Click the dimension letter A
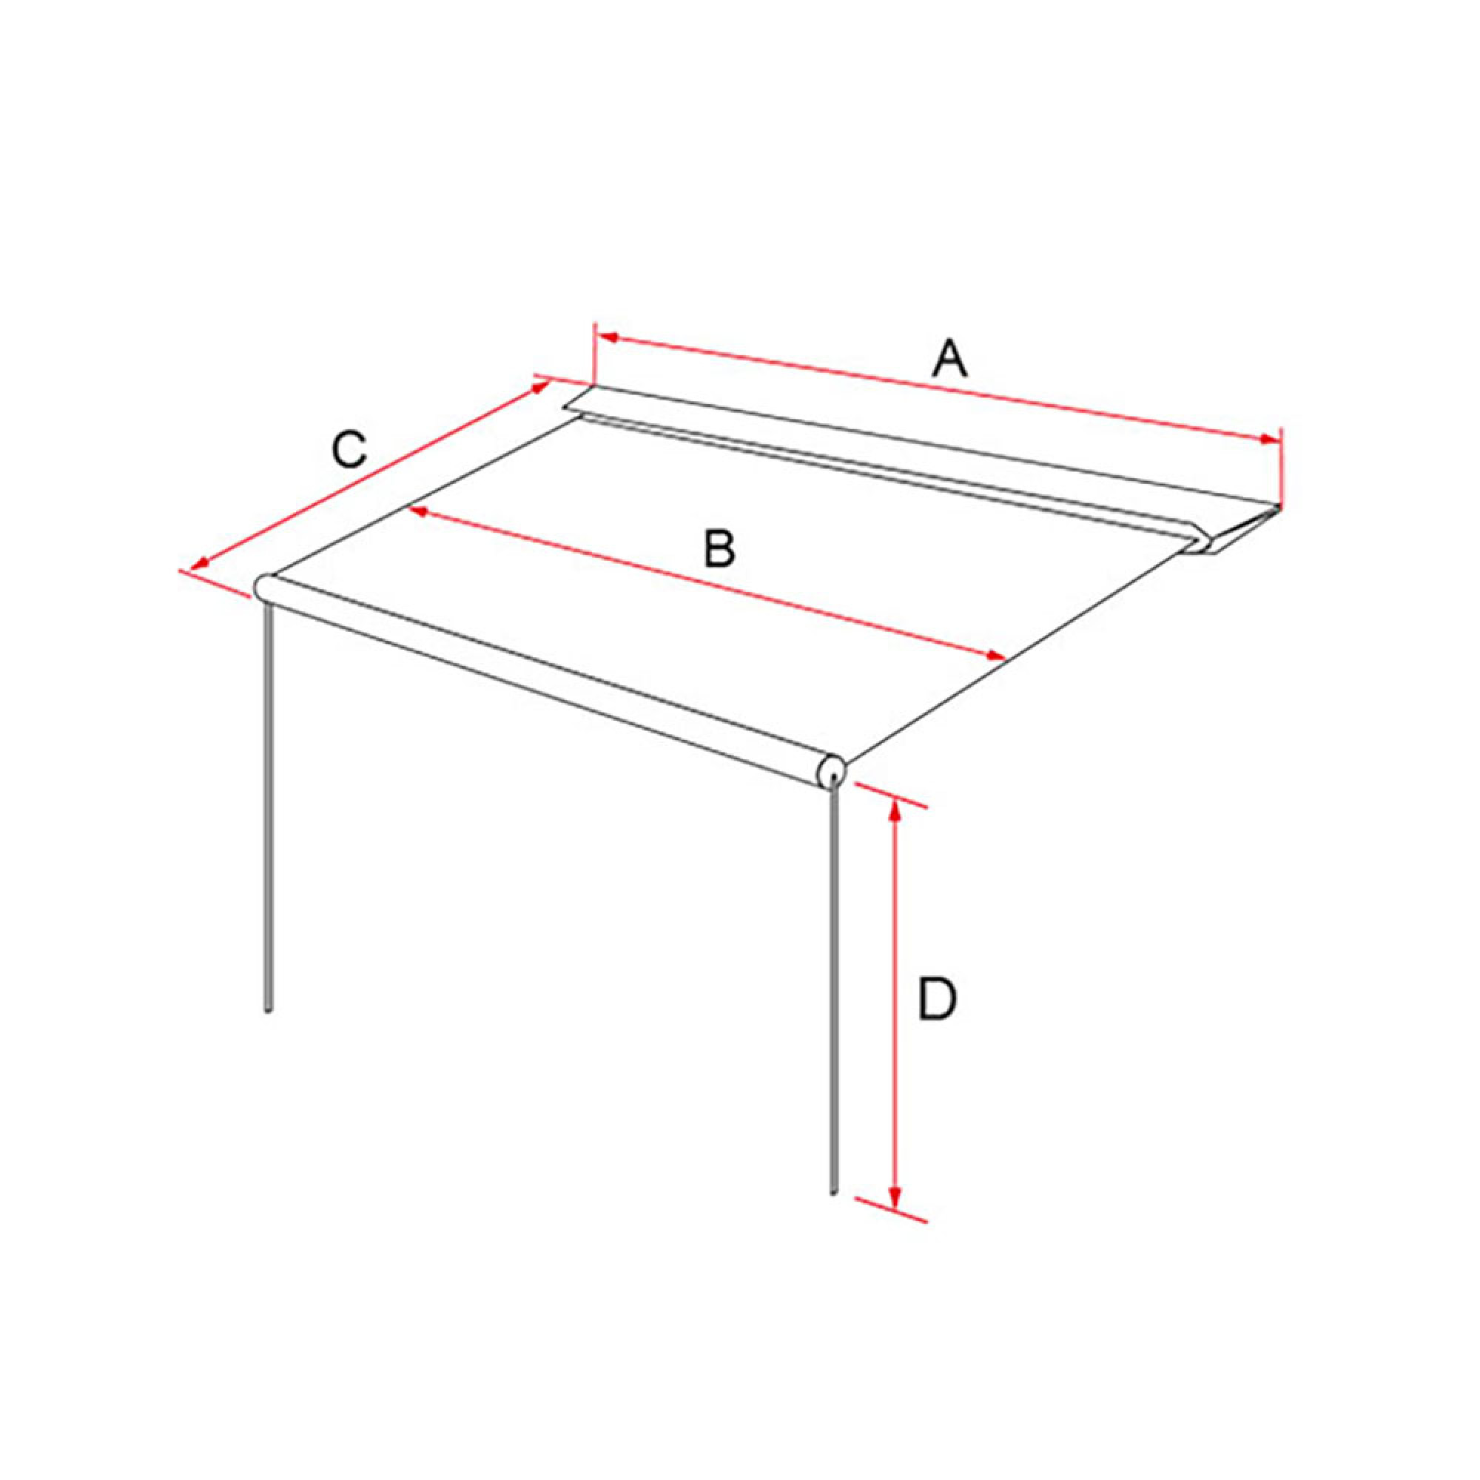(950, 360)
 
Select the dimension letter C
(349, 451)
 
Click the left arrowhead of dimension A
(609, 336)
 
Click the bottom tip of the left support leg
(268, 1010)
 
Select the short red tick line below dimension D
(891, 1210)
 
